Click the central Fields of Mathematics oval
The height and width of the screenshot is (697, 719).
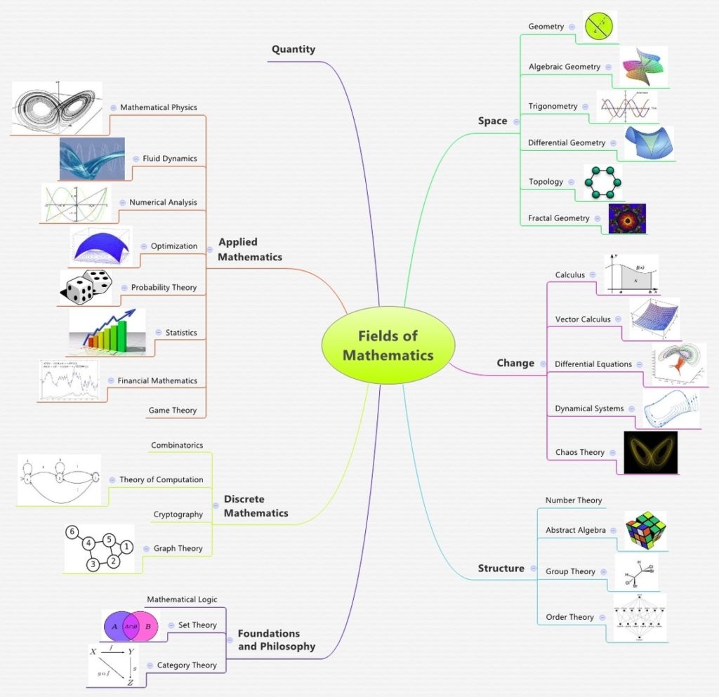point(388,345)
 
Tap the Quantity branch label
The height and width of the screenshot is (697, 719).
point(293,49)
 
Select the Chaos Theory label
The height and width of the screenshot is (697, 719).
point(579,452)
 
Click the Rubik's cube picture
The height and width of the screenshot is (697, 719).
point(645,529)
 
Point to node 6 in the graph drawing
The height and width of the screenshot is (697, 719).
point(72,532)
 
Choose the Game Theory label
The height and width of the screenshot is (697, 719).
point(173,410)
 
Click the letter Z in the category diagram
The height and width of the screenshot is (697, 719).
point(130,682)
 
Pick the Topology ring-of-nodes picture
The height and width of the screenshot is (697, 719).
point(603,182)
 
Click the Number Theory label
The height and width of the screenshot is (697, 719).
point(574,500)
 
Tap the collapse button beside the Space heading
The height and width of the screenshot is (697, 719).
point(516,121)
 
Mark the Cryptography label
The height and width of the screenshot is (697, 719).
point(178,515)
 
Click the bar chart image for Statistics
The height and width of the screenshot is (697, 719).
point(107,333)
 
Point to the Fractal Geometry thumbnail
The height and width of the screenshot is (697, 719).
point(626,218)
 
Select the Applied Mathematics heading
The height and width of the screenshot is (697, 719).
point(250,249)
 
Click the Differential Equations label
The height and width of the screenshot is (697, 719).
point(593,364)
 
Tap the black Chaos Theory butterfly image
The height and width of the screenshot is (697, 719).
point(650,452)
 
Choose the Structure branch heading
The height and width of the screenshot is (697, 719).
point(501,568)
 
